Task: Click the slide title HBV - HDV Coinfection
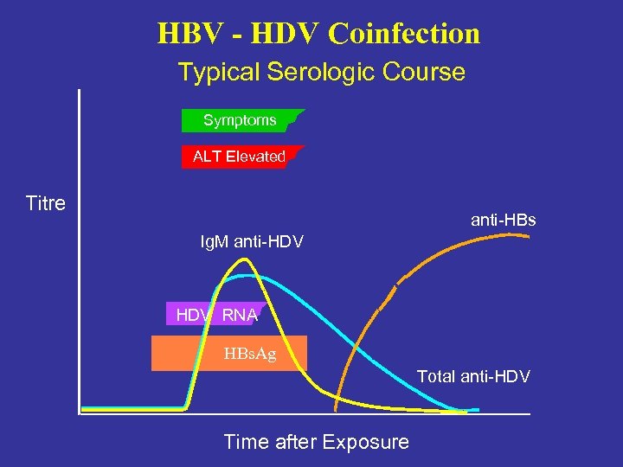(318, 34)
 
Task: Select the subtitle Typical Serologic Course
(321, 72)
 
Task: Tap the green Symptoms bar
(240, 120)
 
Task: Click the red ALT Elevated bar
(239, 157)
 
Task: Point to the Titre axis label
(46, 204)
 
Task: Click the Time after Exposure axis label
(316, 442)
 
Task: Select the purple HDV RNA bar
(216, 315)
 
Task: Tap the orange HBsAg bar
(228, 353)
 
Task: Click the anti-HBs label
(503, 221)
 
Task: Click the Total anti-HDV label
(473, 376)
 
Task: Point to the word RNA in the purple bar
(240, 315)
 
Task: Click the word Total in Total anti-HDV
(436, 376)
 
